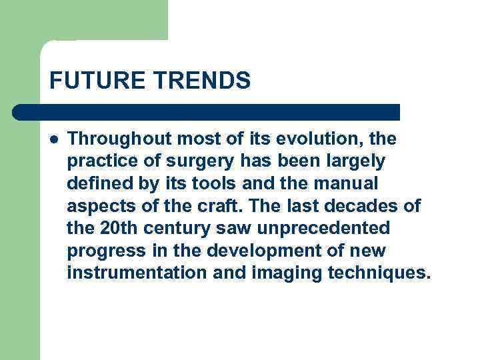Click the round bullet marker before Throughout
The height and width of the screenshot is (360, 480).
pyautogui.click(x=53, y=139)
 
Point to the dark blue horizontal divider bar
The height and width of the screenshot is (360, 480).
pyautogui.click(x=207, y=112)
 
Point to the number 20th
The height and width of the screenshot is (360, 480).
pyautogui.click(x=117, y=229)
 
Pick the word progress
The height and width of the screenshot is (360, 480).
pyautogui.click(x=102, y=251)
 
